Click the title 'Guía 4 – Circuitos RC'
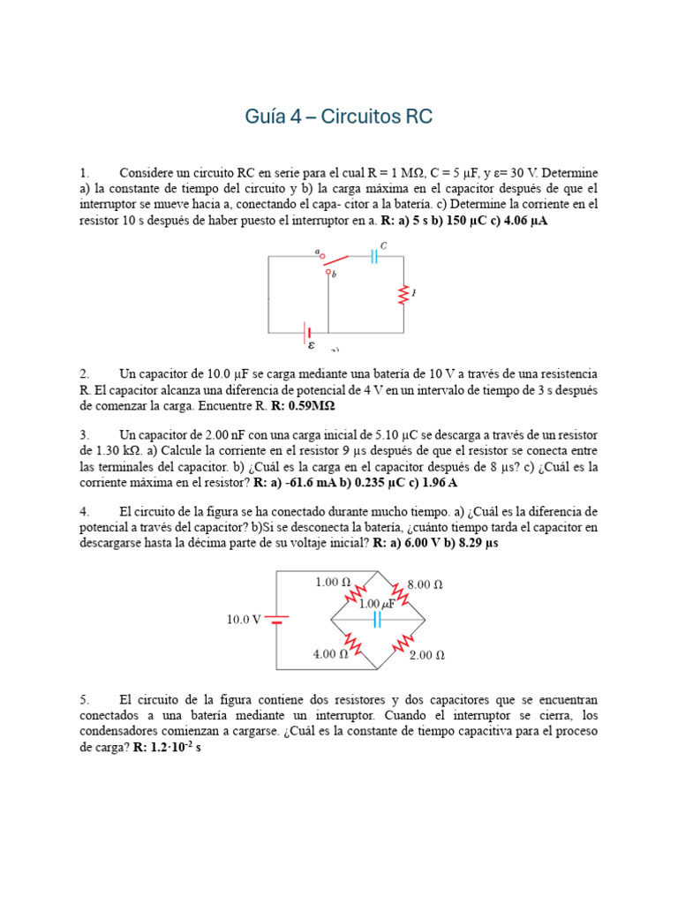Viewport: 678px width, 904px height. (338, 117)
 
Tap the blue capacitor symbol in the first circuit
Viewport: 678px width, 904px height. (375, 256)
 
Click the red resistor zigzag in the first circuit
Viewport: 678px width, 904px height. (403, 294)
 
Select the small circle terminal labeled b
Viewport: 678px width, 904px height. (328, 274)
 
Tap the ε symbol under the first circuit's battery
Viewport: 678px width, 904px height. (311, 346)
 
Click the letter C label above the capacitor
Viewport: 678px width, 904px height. (384, 245)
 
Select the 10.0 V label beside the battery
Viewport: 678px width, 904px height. (244, 620)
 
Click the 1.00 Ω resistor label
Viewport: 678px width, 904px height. (333, 583)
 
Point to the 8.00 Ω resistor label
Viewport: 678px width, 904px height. (426, 584)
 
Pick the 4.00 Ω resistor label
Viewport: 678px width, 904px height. (330, 654)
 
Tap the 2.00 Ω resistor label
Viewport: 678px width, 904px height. (427, 655)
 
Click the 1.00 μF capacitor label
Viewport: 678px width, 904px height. (377, 604)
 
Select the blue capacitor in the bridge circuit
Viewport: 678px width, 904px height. (377, 620)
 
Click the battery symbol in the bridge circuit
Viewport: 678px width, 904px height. (276, 620)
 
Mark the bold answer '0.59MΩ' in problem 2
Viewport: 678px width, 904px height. (310, 406)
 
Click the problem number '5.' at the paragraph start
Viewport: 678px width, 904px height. (86, 698)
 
